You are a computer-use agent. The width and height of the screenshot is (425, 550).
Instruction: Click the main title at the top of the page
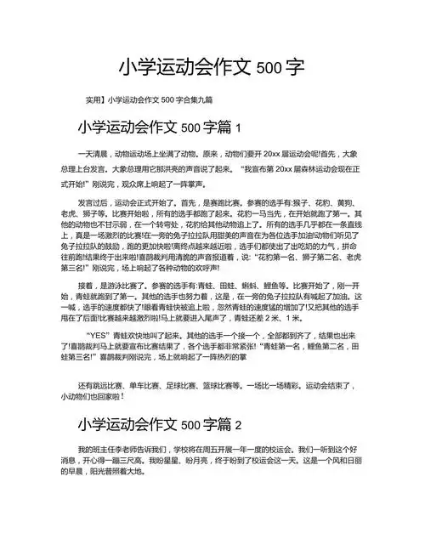click(212, 67)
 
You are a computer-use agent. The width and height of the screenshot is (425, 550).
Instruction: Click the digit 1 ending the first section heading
click(239, 128)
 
